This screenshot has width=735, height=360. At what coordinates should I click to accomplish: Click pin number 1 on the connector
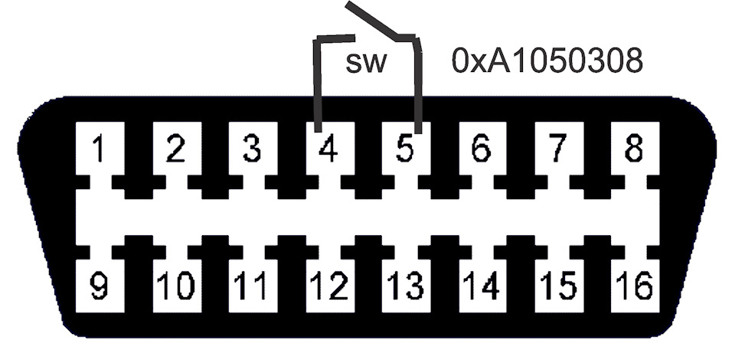coord(98,149)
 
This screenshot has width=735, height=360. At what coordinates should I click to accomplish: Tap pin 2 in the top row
coord(175,149)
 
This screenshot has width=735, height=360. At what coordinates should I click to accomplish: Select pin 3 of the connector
coord(250,149)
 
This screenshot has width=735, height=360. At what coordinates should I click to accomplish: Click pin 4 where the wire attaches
coord(328,149)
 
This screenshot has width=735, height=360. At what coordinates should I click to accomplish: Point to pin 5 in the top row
coord(405,149)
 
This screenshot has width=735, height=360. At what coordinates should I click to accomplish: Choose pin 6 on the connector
coord(480,149)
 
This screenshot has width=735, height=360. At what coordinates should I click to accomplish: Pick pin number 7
coord(557,149)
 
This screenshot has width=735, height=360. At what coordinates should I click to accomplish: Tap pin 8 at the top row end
coord(633,149)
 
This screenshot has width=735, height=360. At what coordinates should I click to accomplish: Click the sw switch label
coord(367,63)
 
